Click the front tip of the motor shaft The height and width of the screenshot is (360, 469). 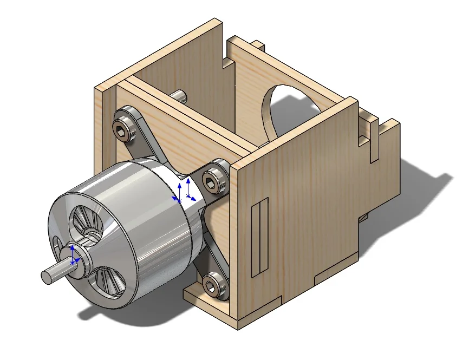[x=47, y=277]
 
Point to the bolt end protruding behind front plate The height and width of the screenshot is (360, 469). [x=179, y=96]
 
